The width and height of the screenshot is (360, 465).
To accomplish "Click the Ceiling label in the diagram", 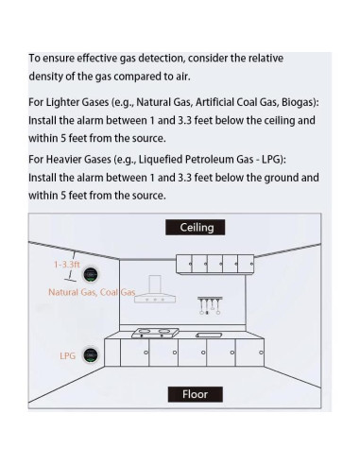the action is coord(197,227).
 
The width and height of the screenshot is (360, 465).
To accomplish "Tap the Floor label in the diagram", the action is coord(195,393).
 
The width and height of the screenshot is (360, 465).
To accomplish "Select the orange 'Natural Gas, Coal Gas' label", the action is coord(93,292).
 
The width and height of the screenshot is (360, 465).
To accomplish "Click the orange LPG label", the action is coord(68,355).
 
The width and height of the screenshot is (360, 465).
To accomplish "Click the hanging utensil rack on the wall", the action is coord(208,305).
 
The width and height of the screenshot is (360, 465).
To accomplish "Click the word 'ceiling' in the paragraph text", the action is coord(271,121).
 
